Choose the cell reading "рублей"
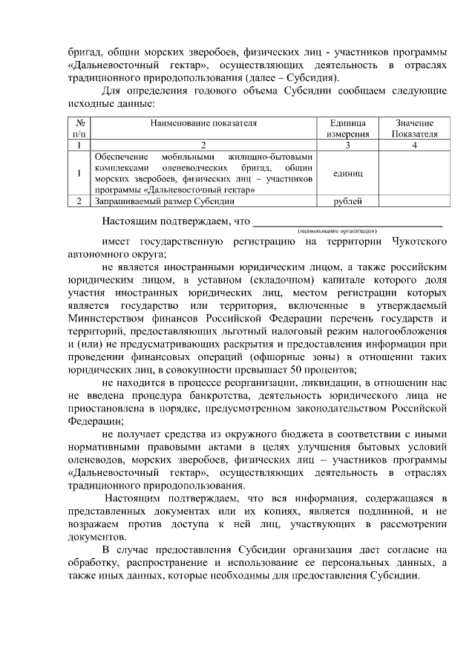(x=348, y=200)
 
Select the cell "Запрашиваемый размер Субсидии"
(x=165, y=200)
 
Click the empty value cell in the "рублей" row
(x=414, y=200)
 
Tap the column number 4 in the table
(x=414, y=145)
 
